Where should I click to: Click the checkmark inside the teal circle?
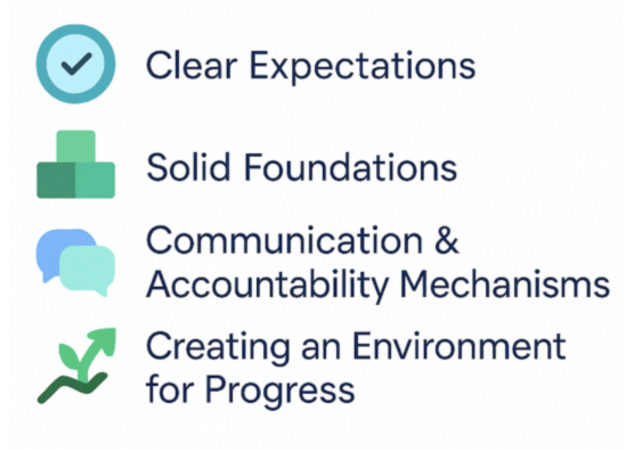pyautogui.click(x=76, y=64)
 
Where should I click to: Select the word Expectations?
pyautogui.click(x=363, y=67)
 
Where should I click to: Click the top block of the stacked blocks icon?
pyautogui.click(x=76, y=145)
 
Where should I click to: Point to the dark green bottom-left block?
pyautogui.click(x=56, y=180)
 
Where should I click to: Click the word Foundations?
pyautogui.click(x=351, y=168)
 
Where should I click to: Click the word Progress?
pyautogui.click(x=279, y=391)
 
